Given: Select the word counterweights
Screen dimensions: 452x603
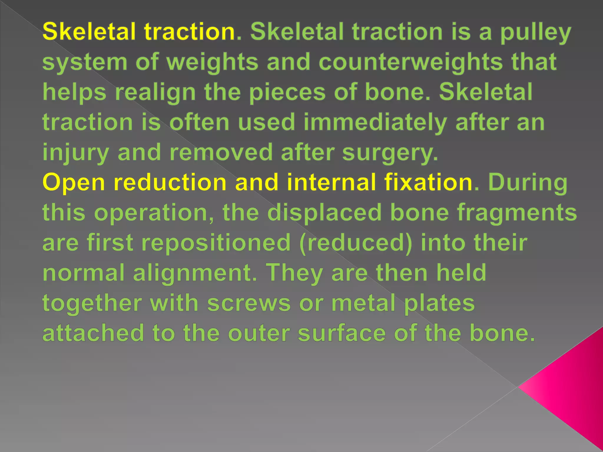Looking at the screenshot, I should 411,62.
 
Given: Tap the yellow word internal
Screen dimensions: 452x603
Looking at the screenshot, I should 331,182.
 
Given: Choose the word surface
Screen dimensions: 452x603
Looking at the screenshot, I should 342,333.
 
